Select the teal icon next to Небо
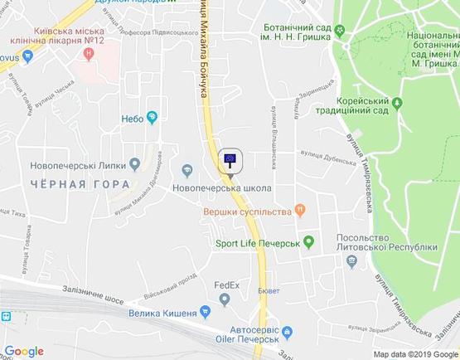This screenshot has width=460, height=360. tap(151, 117)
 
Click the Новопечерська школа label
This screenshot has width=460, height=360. tap(221, 188)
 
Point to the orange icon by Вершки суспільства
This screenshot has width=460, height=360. tap(300, 212)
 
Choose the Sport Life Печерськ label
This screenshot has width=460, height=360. tap(257, 243)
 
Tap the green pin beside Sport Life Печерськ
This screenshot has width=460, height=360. tap(308, 242)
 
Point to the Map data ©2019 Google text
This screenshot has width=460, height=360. tap(415, 354)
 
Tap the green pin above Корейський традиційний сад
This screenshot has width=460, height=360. tap(396, 102)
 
